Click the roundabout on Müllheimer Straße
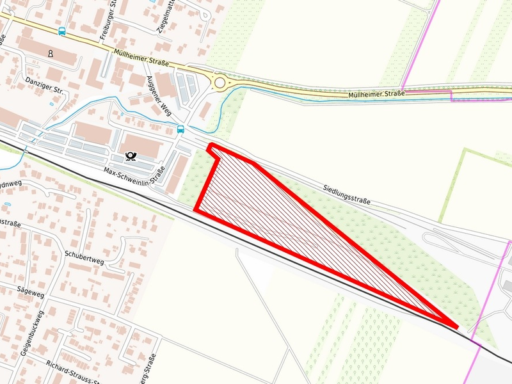[221, 83]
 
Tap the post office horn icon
[131, 155]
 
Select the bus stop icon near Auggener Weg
[181, 129]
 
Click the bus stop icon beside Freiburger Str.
[62, 31]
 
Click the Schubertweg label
[84, 255]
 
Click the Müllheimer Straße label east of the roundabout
[376, 95]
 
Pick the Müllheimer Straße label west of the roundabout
[141, 58]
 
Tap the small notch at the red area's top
[212, 148]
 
